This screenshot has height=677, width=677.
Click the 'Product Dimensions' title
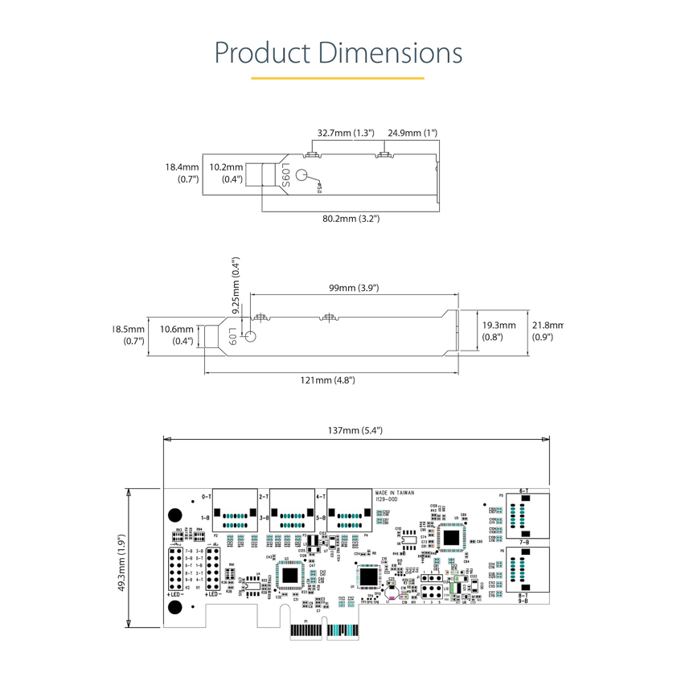[338, 52]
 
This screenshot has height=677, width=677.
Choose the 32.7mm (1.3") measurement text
[346, 133]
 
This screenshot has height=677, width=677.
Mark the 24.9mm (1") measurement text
[412, 133]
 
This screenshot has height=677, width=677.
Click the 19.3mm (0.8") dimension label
[493, 330]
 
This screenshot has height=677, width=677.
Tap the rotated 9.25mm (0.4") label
[236, 285]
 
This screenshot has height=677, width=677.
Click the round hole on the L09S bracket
[302, 176]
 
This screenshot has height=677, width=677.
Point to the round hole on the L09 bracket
[249, 338]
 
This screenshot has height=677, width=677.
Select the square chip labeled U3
[289, 574]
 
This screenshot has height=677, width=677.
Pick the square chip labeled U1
[368, 576]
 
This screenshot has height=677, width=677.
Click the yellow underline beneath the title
[338, 78]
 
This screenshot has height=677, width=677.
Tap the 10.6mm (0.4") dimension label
[177, 335]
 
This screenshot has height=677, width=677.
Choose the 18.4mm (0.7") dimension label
[182, 173]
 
